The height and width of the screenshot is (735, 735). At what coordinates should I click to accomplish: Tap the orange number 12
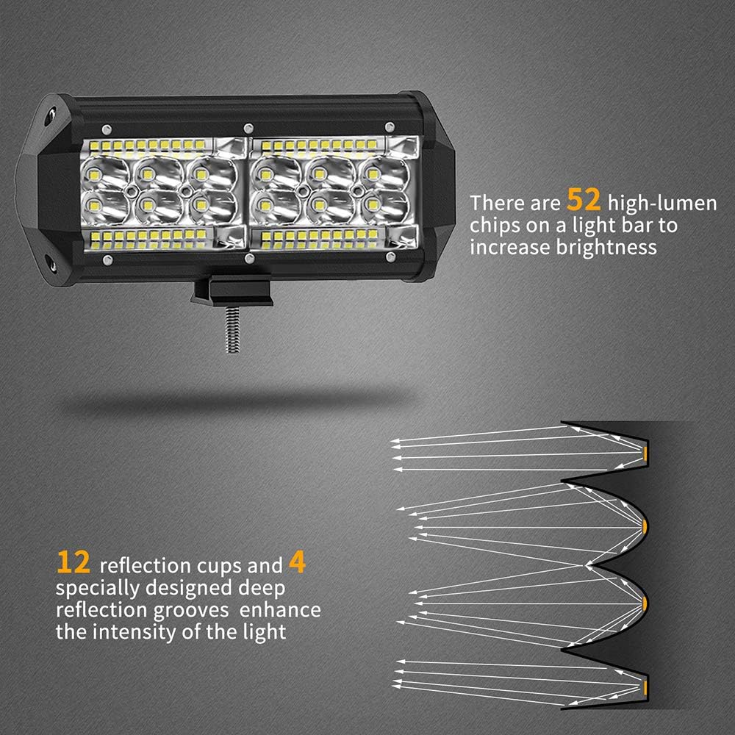(x=73, y=563)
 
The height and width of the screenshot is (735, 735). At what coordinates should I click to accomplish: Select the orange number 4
(x=297, y=563)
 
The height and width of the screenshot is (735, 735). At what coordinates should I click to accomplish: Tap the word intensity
(x=139, y=631)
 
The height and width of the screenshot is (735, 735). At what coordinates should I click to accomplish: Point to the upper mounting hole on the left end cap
(x=49, y=115)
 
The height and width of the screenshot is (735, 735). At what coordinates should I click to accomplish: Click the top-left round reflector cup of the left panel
(x=98, y=173)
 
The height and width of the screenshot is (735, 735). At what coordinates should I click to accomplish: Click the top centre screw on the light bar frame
(x=248, y=127)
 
